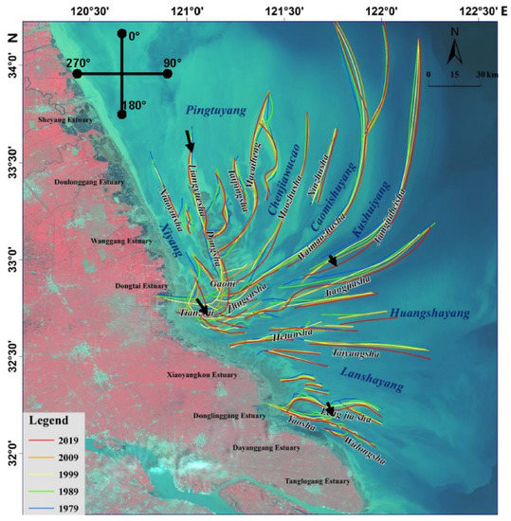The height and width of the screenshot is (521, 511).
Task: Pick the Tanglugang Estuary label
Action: (318, 481)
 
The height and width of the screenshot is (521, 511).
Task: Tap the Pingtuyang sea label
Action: (214, 107)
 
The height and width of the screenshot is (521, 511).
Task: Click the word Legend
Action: (47, 421)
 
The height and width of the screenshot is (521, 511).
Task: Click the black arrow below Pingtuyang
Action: (190, 140)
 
